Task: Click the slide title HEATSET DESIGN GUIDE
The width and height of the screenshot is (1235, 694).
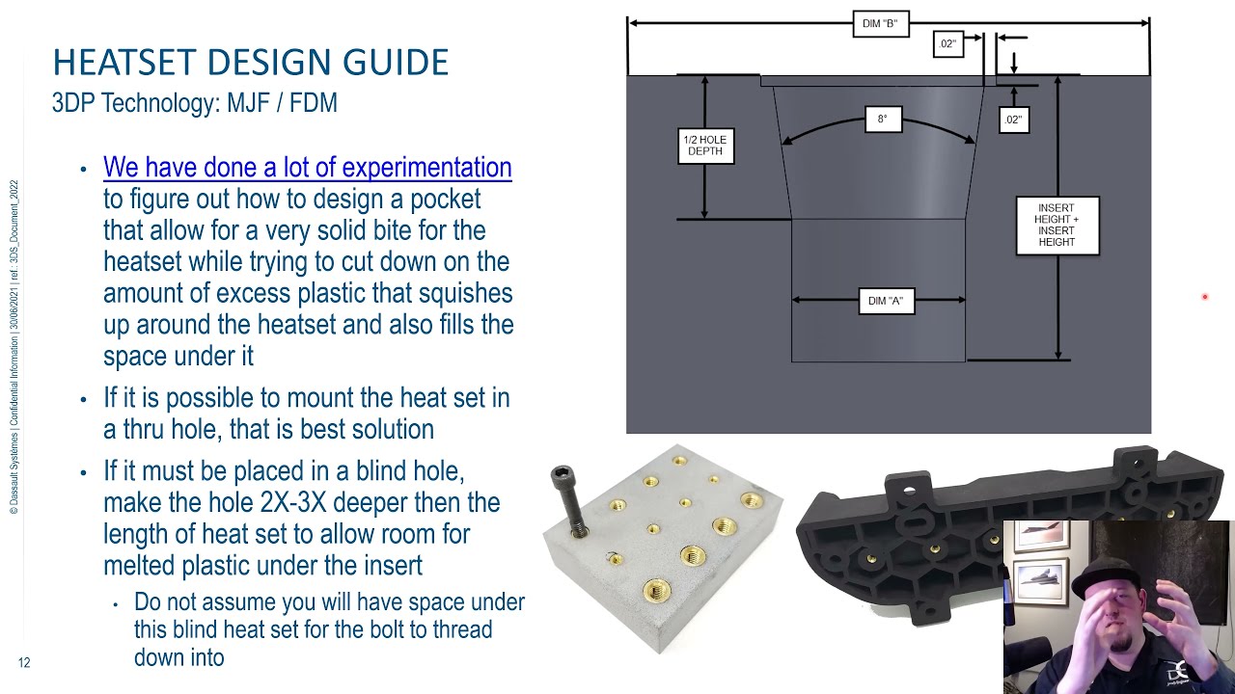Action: point(250,63)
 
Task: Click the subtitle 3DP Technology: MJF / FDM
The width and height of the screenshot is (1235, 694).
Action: point(194,102)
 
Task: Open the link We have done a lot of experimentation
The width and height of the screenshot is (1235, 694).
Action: point(307,168)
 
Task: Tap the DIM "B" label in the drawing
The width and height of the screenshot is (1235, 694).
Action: point(880,24)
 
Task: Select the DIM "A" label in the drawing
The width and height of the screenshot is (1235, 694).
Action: point(885,301)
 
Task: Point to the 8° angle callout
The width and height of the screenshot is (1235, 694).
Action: point(882,120)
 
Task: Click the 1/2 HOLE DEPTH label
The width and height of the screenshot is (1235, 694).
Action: point(704,146)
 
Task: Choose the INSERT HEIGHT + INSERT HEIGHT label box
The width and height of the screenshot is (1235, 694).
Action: point(1057,225)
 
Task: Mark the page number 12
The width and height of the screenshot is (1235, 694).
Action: point(24,662)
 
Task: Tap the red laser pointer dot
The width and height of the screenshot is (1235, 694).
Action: point(1204,297)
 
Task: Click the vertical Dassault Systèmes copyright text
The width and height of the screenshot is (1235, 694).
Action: point(14,347)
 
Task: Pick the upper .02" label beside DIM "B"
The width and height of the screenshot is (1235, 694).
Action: point(947,44)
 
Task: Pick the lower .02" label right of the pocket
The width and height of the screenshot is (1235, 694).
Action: point(1012,120)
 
